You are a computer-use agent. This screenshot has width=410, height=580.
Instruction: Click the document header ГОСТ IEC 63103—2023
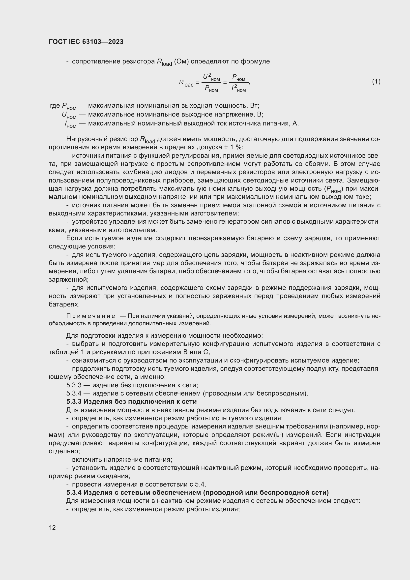click(x=86, y=42)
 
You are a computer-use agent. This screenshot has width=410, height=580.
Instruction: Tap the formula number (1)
click(x=376, y=81)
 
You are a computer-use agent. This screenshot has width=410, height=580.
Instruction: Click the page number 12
click(x=52, y=527)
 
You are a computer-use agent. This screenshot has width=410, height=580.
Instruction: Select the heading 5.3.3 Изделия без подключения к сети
click(x=132, y=401)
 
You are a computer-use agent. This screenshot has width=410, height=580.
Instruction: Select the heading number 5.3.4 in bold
click(x=74, y=492)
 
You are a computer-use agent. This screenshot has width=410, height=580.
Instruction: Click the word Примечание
click(x=91, y=316)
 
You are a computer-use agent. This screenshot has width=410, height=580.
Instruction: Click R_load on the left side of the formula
click(x=186, y=83)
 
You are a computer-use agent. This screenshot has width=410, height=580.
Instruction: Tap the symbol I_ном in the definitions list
click(x=70, y=124)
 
